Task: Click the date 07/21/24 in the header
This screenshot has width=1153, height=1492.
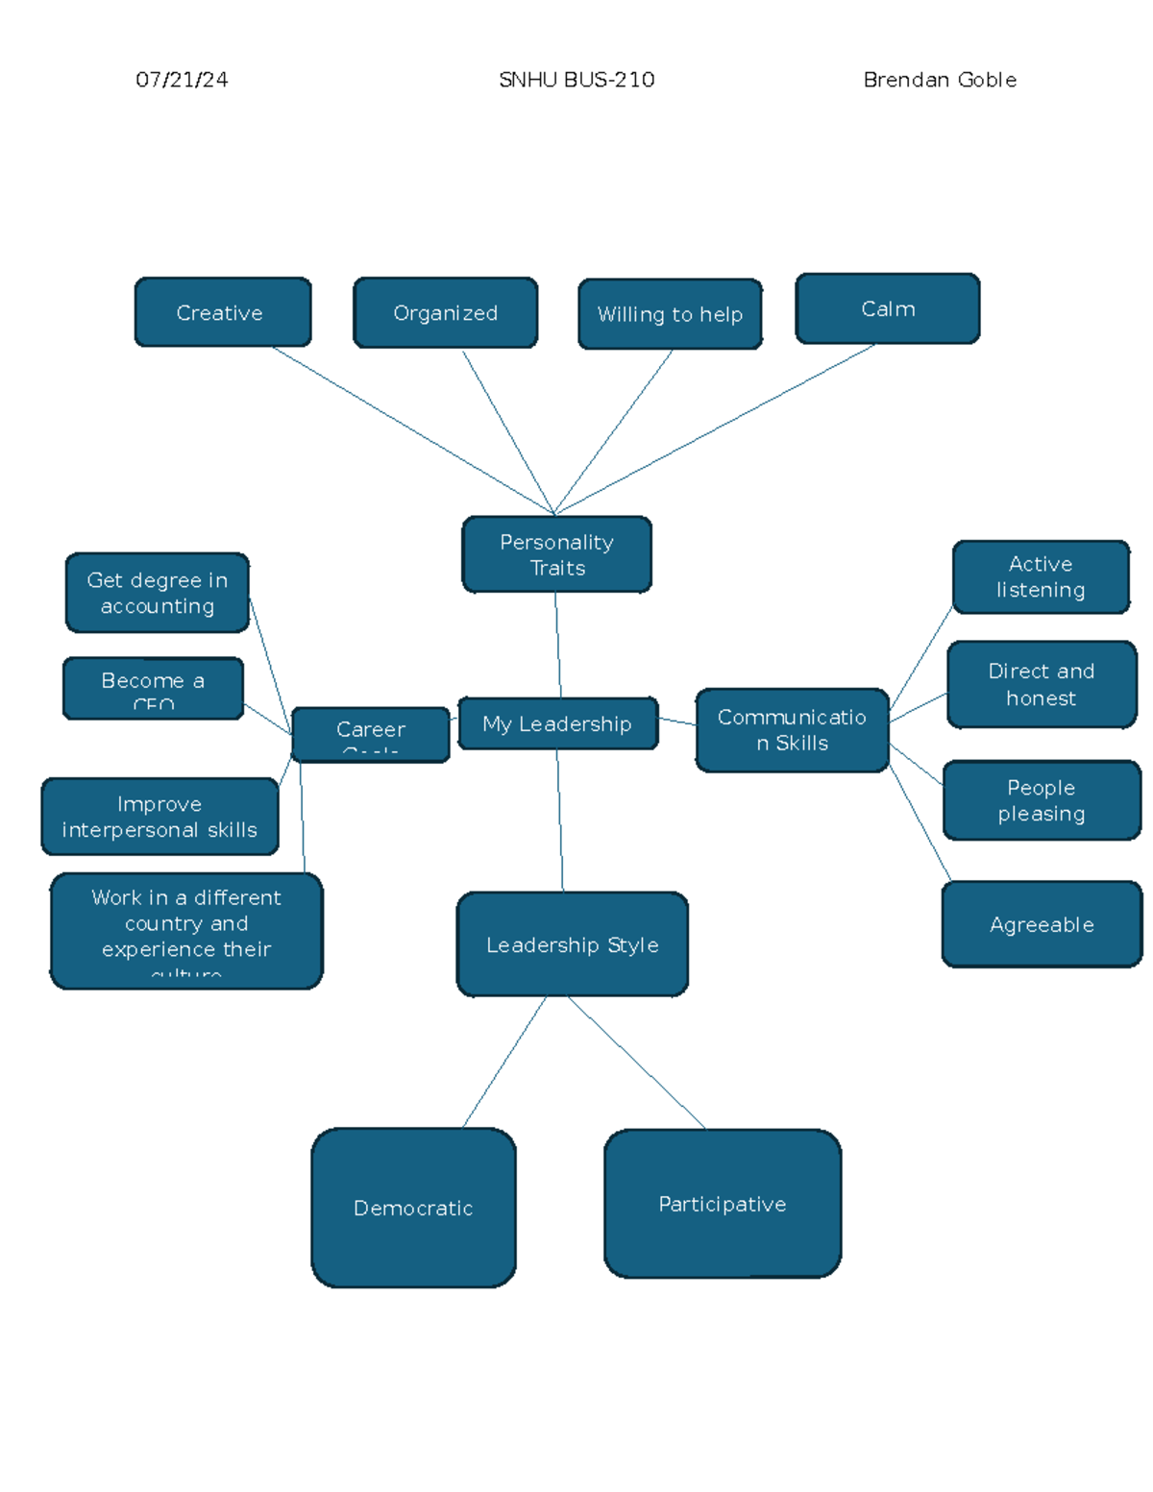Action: click(x=182, y=80)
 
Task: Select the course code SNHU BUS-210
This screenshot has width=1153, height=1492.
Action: click(x=576, y=80)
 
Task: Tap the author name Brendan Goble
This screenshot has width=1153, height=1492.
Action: click(x=940, y=80)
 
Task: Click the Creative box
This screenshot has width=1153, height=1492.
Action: click(x=222, y=312)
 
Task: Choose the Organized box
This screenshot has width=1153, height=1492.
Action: click(x=445, y=312)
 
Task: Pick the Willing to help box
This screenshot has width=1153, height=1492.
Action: click(x=670, y=314)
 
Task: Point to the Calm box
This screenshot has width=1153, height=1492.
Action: click(x=888, y=308)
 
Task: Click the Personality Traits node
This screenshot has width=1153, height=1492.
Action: click(x=556, y=554)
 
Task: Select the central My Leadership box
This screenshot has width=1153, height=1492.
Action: click(x=557, y=723)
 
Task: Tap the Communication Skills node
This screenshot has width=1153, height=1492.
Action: click(x=792, y=730)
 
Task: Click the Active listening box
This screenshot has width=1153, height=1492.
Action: click(x=1041, y=576)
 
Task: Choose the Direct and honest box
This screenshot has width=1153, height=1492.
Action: click(x=1042, y=684)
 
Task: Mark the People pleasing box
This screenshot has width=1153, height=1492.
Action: click(x=1042, y=800)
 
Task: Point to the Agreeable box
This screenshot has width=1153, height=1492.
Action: click(x=1042, y=924)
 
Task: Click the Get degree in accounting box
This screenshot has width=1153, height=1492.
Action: click(x=158, y=593)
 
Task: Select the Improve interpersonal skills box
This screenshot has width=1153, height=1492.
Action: click(x=159, y=817)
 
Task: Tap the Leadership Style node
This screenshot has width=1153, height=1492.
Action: click(x=572, y=944)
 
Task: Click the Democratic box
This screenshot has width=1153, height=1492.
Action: click(x=413, y=1208)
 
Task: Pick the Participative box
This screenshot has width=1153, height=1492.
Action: click(x=723, y=1204)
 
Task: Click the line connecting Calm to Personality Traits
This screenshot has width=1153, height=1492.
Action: click(x=715, y=429)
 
